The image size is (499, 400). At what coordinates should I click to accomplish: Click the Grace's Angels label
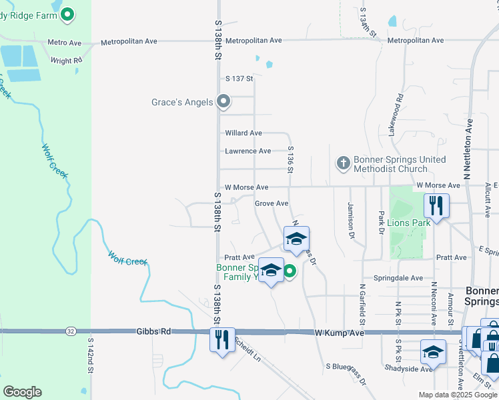tap(182, 103)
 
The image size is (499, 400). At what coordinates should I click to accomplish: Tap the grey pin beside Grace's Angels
tap(224, 102)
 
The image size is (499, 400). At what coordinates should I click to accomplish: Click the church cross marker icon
tap(343, 163)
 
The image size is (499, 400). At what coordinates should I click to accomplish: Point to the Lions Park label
tap(408, 223)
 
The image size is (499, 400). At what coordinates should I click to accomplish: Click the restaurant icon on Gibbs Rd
tap(223, 339)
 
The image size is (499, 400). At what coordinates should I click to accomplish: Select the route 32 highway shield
tap(71, 331)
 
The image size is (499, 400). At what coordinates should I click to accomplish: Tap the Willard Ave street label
tap(243, 133)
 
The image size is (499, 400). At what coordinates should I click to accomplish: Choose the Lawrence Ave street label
tap(247, 151)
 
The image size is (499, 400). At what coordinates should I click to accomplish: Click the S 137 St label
tap(239, 79)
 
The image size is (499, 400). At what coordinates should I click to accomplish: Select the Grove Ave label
tap(272, 203)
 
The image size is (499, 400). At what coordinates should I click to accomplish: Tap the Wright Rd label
tap(67, 61)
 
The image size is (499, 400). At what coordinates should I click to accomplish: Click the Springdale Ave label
tap(398, 278)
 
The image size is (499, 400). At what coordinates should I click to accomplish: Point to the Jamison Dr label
tap(350, 221)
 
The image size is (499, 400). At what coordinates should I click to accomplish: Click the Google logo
tap(22, 392)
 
